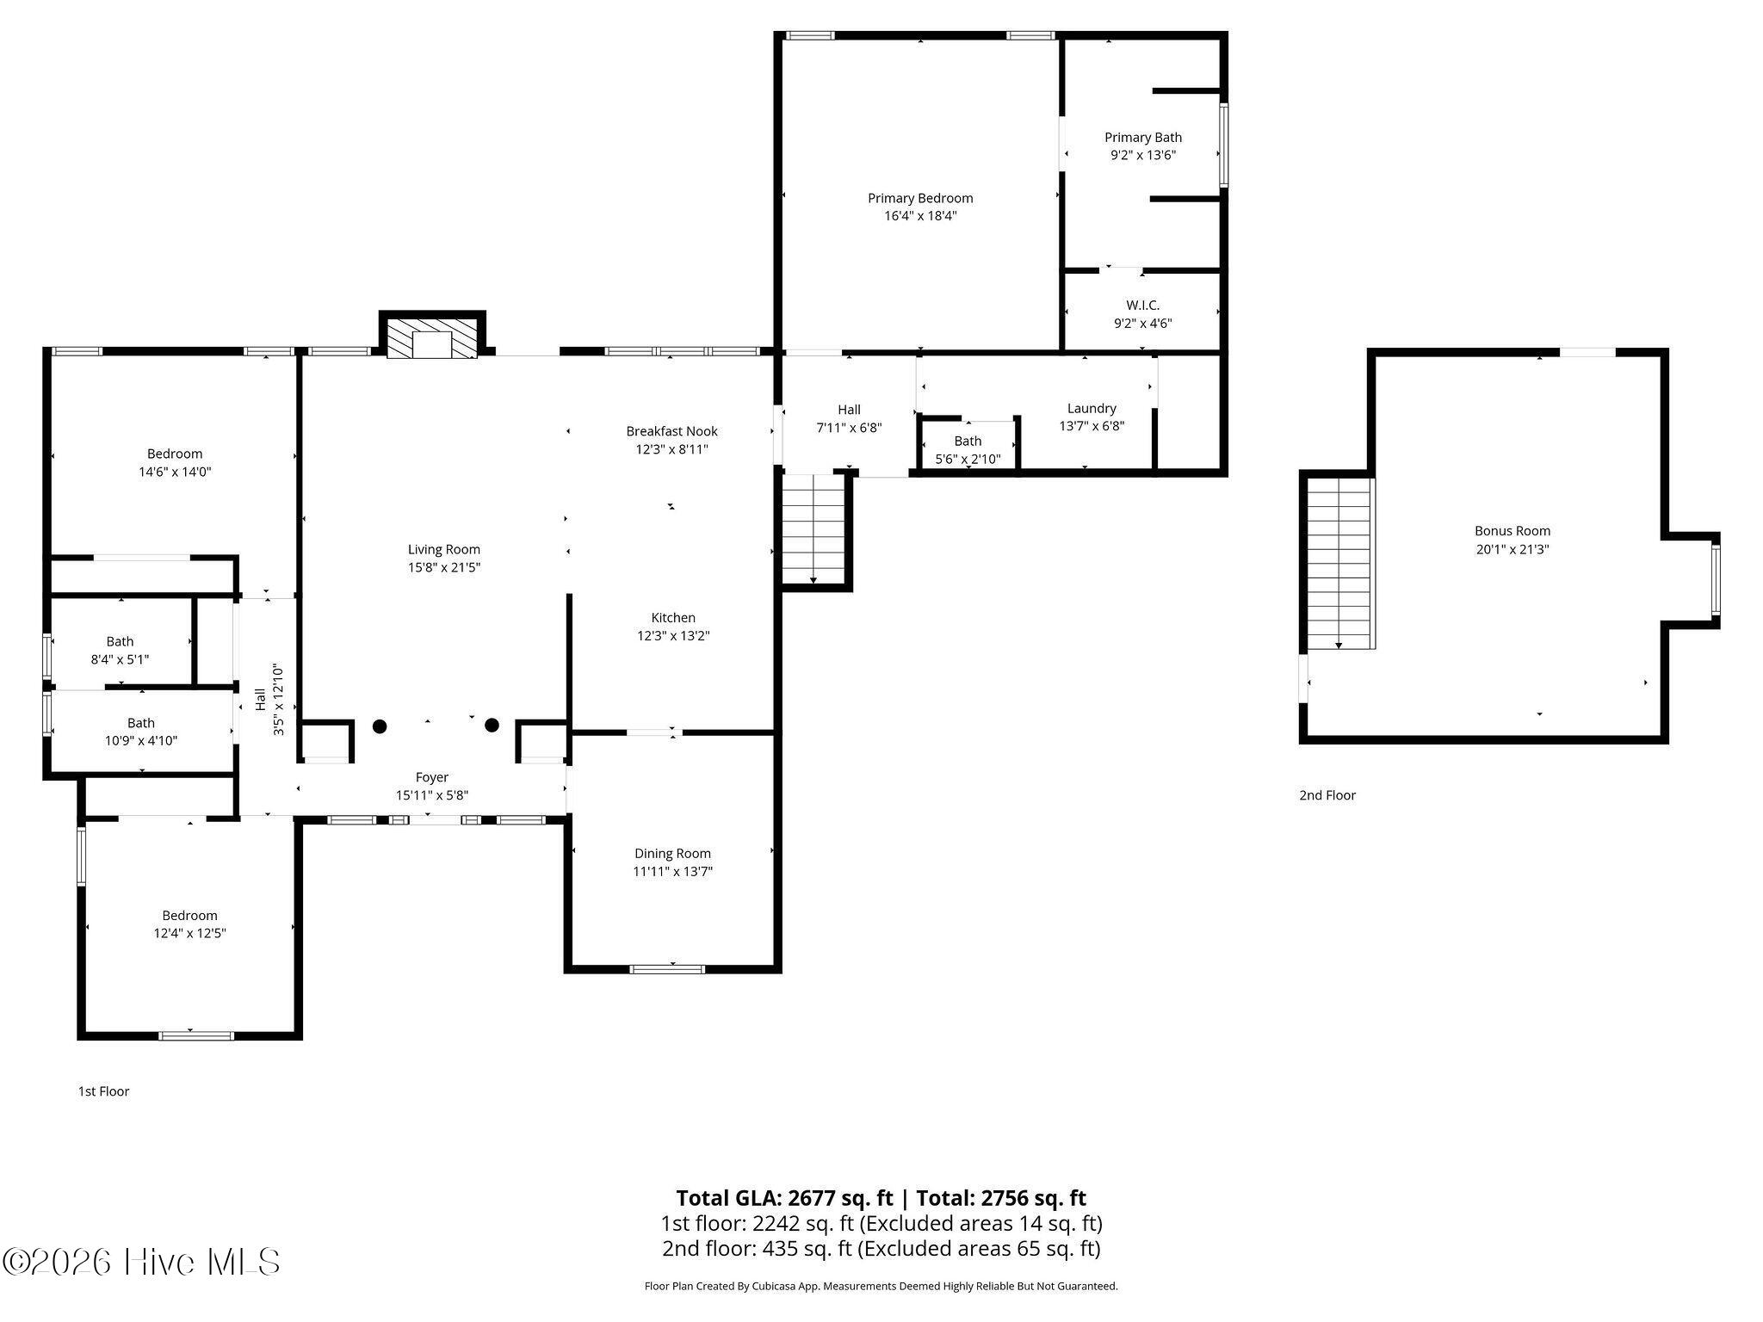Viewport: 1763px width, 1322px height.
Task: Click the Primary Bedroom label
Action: tap(920, 198)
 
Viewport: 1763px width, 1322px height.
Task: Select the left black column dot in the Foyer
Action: tap(380, 726)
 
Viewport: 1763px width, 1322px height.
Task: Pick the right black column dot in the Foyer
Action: tap(492, 726)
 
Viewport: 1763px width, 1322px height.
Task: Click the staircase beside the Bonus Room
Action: tap(1339, 564)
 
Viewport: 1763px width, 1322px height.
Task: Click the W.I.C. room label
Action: tap(1142, 306)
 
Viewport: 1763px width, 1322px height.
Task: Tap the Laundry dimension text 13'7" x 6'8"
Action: tap(1092, 426)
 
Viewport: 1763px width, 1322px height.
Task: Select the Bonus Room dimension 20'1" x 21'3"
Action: tap(1512, 549)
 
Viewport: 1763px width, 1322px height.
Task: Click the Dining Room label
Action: tap(672, 854)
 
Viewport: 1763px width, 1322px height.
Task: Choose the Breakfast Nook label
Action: tap(671, 431)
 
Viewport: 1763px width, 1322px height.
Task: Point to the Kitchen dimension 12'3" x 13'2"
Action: tap(673, 636)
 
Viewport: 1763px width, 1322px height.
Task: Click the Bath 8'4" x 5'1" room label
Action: tap(120, 641)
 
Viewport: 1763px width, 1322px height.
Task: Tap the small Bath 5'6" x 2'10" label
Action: tap(968, 442)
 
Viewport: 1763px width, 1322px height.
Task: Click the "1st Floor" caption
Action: tap(103, 1091)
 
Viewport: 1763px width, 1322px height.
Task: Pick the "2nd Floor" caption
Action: tap(1327, 795)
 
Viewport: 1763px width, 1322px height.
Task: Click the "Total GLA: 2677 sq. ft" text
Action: tap(784, 1198)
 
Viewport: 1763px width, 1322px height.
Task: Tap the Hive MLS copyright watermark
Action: tap(141, 1263)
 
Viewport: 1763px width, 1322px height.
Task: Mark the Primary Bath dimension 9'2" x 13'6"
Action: tap(1143, 156)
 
